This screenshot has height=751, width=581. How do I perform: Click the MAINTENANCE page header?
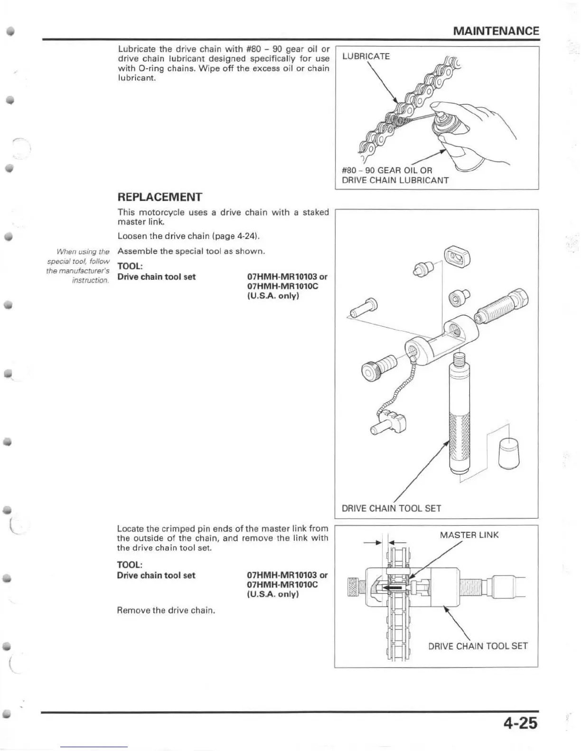click(x=496, y=31)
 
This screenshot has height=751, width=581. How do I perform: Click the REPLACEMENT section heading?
click(x=159, y=197)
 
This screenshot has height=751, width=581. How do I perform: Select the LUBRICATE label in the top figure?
click(x=366, y=56)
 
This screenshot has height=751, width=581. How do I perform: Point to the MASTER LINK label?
click(x=469, y=535)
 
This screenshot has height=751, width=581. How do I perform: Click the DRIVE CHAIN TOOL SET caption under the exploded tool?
click(x=391, y=508)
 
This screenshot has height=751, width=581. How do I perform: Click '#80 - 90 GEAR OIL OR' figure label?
click(x=387, y=170)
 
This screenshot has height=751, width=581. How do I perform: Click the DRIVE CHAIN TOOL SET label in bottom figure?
click(x=478, y=646)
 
